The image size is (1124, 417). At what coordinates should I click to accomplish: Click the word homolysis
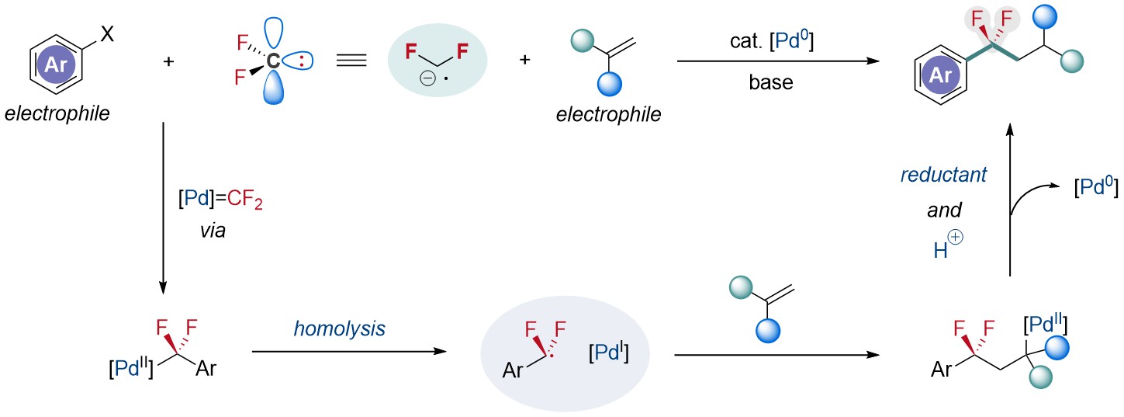pyautogui.click(x=340, y=330)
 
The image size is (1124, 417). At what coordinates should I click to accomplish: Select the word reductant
pyautogui.click(x=943, y=175)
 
